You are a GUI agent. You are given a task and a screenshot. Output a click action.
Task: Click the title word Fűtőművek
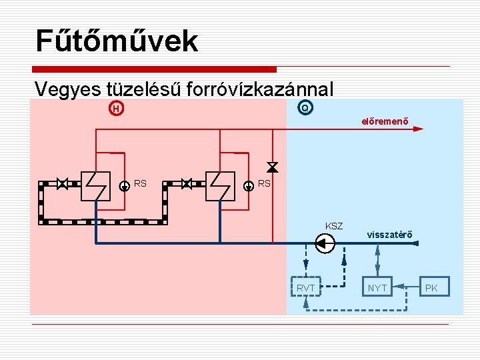coord(117,41)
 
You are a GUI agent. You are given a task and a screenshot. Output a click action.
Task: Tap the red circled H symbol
coord(116,108)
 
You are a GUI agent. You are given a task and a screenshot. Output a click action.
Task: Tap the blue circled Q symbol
coord(305,107)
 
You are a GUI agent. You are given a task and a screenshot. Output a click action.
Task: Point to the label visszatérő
coord(390,234)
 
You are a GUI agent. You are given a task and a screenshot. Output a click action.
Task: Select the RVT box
coord(305,288)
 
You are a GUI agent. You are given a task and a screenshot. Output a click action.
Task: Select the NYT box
coord(377,288)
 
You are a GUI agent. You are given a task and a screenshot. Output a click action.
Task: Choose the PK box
coord(432,288)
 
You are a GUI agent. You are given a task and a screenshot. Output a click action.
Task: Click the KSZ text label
coord(333,227)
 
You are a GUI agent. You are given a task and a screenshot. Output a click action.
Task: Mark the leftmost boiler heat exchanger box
coord(95,185)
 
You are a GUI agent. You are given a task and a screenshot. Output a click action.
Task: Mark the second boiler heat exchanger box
coord(220,185)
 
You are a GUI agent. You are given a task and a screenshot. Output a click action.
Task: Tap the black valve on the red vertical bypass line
coord(272,166)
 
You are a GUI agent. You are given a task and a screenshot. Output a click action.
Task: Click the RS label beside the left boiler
coord(140,183)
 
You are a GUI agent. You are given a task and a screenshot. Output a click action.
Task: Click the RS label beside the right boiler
coord(264,183)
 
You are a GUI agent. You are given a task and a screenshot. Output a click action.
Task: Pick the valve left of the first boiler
coord(63,183)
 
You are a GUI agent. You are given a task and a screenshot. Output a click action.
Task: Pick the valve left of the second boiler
coord(187,183)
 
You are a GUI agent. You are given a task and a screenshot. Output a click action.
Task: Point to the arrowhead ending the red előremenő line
coord(417,129)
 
